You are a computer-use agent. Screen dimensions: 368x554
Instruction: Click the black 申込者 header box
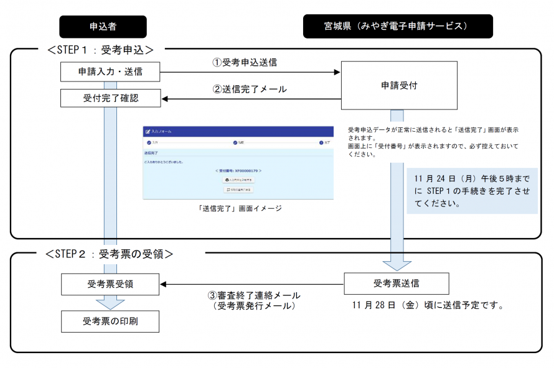103,27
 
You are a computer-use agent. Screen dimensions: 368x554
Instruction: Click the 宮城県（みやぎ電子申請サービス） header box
397,27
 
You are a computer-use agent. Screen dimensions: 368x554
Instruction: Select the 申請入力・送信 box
110,71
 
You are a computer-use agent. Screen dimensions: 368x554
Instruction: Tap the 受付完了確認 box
110,98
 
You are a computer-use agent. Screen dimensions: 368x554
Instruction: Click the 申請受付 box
398,86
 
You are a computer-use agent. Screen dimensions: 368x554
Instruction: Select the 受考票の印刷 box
110,321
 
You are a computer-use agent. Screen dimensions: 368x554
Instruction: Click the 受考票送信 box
397,283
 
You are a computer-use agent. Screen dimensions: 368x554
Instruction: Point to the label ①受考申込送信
245,62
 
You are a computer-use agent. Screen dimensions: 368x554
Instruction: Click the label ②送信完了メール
250,89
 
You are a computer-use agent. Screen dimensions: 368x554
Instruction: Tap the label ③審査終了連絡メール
253,295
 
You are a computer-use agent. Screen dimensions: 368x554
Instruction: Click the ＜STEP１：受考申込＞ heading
100,49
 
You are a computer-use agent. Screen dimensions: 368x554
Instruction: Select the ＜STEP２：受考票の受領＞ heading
110,254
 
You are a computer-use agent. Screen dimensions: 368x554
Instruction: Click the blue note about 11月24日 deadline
472,191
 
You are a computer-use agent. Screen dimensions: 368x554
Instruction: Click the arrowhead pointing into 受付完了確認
166,98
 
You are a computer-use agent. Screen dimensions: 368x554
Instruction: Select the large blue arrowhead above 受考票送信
397,264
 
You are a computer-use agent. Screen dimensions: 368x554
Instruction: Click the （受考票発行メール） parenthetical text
253,306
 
